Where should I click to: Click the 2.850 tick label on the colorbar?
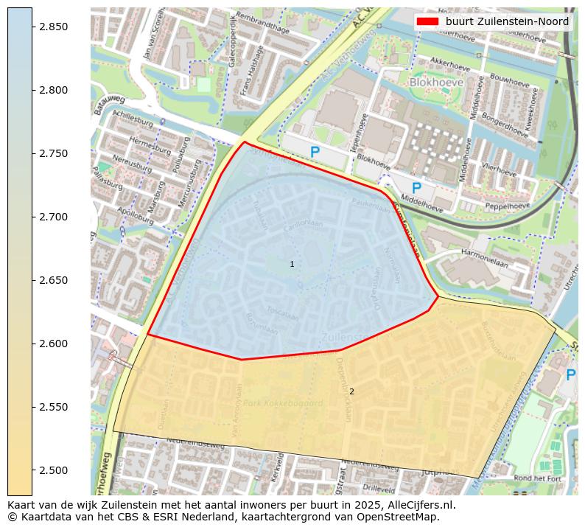point(54,27)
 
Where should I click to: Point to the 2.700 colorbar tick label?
point(54,217)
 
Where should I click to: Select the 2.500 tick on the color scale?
point(54,470)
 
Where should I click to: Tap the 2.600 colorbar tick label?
point(54,344)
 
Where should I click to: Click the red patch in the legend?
point(427,21)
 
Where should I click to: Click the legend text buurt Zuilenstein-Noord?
point(507,21)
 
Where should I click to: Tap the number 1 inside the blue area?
point(292,264)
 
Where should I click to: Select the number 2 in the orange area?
point(351,391)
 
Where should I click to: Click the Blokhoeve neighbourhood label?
point(436,83)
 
